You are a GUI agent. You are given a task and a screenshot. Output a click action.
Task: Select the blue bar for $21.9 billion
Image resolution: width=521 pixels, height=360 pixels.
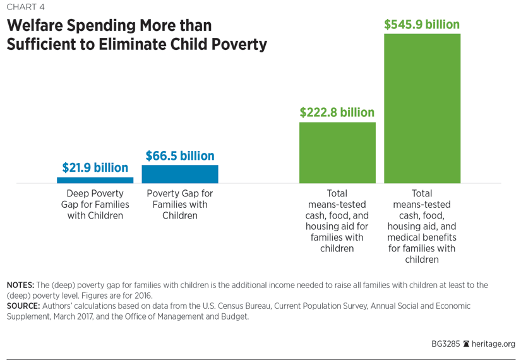(x=95, y=180)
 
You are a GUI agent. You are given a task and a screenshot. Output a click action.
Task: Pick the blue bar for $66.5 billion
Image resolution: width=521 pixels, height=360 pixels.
(x=180, y=174)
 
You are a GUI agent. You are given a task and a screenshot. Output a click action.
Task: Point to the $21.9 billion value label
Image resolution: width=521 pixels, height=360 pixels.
(x=95, y=168)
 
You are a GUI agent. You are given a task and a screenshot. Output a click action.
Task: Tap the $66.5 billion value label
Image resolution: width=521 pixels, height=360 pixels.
(x=180, y=155)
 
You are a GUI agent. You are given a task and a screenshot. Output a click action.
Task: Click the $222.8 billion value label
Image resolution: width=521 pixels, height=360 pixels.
(x=337, y=112)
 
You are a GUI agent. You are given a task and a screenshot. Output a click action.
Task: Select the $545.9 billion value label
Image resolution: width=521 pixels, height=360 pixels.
(x=422, y=25)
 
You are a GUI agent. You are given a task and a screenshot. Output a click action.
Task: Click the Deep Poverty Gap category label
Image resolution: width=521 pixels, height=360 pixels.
(x=95, y=205)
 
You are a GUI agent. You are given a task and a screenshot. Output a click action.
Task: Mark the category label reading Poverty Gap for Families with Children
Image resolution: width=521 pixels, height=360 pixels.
(x=180, y=205)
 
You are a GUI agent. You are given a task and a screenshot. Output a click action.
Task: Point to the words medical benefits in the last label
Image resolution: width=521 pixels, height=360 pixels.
(x=422, y=237)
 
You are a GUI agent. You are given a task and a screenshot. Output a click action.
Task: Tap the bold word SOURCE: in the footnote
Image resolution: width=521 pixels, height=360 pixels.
(x=23, y=306)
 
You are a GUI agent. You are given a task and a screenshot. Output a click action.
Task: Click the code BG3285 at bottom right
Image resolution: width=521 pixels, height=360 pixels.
(x=445, y=344)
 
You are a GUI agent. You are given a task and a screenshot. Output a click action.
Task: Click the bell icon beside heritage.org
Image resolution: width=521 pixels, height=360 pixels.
(x=466, y=344)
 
